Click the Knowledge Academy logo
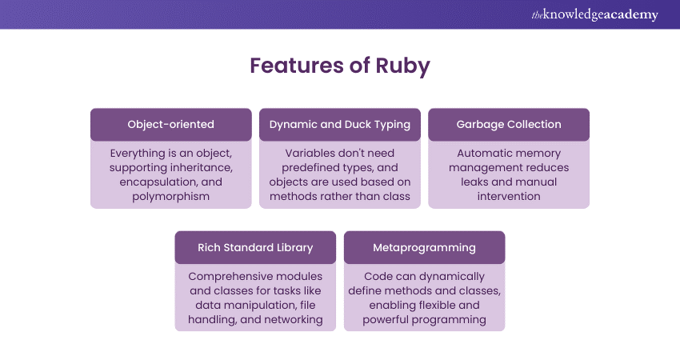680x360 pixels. point(595,14)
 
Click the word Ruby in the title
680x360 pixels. point(403,66)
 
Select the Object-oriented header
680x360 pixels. point(171,124)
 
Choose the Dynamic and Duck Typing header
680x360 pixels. point(340,124)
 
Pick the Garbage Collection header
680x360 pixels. point(509,124)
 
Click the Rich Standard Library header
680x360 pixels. point(255,247)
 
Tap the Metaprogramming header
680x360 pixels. point(424,247)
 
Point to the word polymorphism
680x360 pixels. point(171,196)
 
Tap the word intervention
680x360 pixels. point(509,196)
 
